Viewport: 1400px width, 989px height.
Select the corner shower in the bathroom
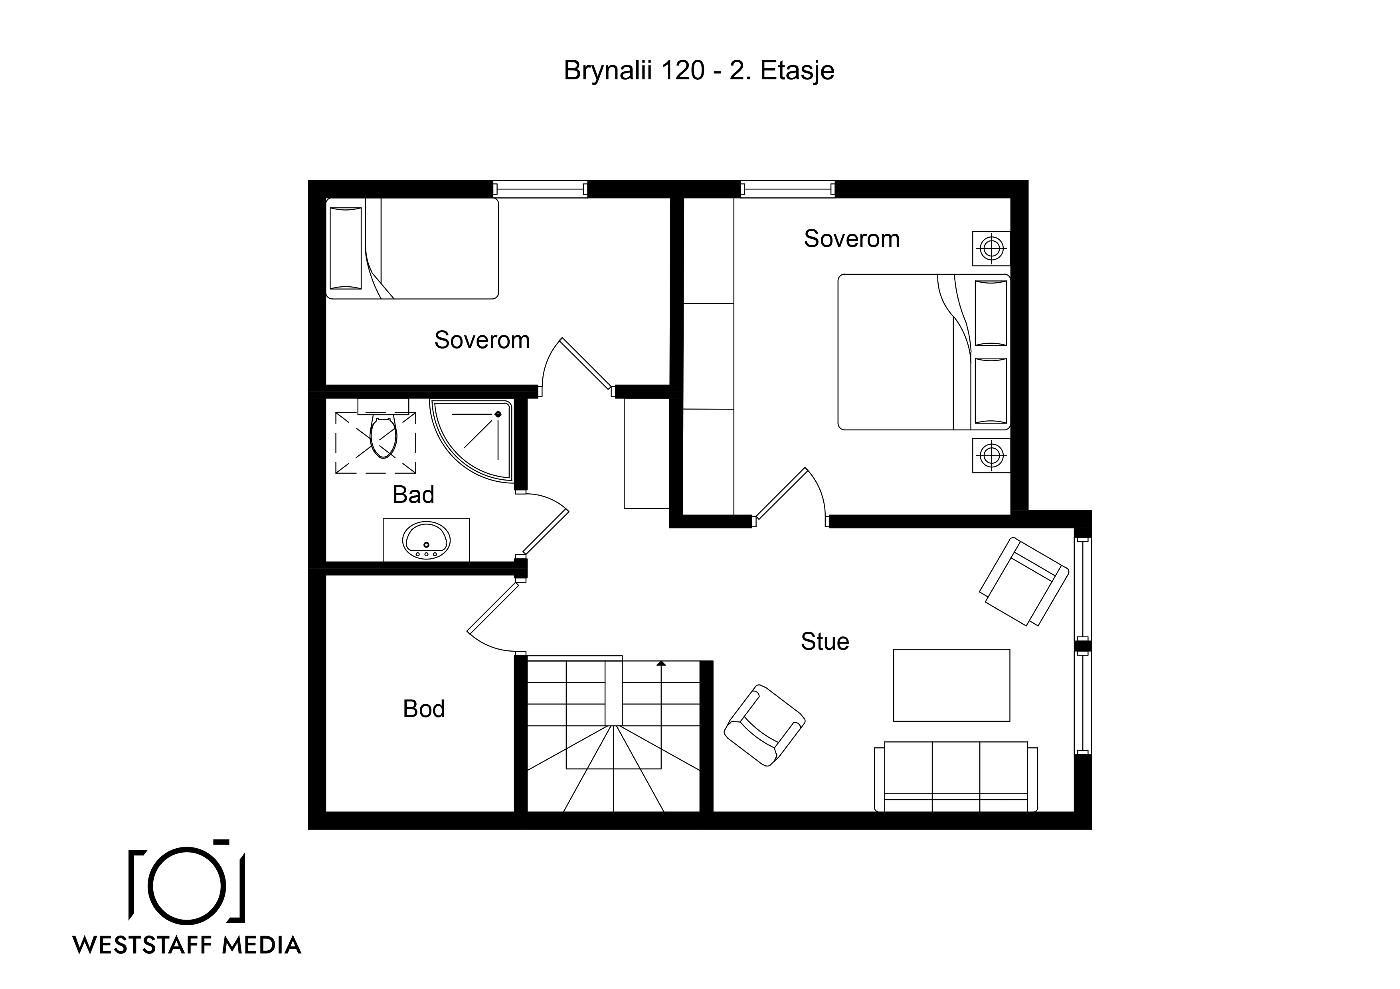pos(471,440)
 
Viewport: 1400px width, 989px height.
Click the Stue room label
pos(825,642)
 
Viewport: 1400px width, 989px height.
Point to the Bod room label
pos(424,709)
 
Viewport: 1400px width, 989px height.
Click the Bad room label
pos(413,495)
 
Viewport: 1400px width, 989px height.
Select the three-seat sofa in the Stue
pos(955,776)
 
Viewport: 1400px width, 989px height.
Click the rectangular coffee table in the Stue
pos(951,685)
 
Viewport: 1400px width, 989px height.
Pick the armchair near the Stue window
pos(1024,581)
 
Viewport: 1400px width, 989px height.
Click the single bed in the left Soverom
pos(412,248)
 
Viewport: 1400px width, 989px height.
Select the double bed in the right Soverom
pos(924,352)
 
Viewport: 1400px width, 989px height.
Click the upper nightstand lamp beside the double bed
pos(991,248)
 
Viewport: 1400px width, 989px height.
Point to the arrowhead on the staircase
pos(661,663)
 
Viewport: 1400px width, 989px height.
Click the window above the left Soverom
pos(540,189)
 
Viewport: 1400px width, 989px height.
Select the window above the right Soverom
pos(788,189)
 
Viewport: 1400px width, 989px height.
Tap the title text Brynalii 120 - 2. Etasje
pos(699,71)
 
